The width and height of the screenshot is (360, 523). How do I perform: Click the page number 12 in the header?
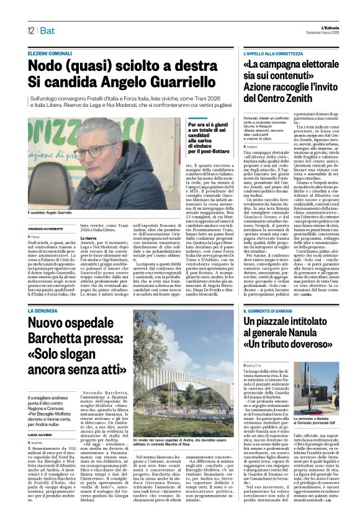(30, 30)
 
